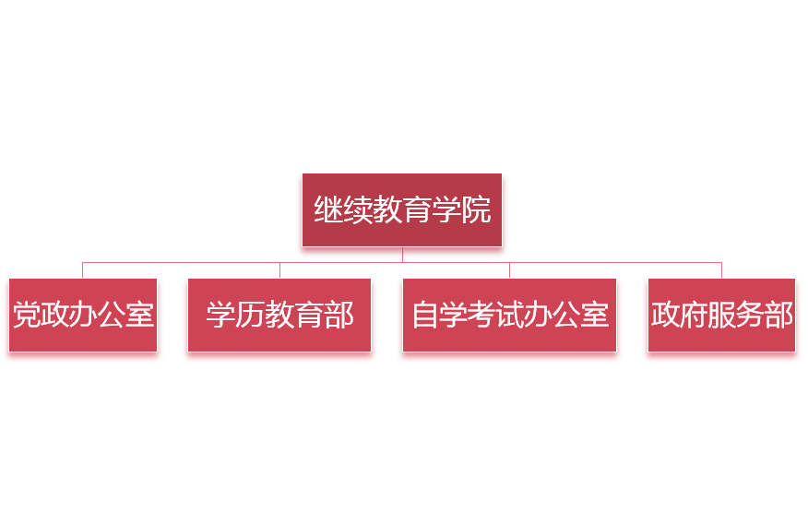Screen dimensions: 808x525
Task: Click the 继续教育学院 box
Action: (402, 209)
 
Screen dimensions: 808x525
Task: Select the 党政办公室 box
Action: (83, 316)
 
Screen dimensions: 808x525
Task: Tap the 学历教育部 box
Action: (279, 316)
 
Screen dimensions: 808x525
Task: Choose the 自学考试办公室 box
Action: (509, 316)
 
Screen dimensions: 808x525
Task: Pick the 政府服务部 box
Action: (721, 316)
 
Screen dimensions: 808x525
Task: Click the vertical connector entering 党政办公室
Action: (82, 270)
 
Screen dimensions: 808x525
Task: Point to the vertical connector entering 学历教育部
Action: (279, 270)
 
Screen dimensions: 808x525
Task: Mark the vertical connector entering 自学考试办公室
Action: (510, 270)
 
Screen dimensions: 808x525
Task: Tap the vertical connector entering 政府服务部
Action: (721, 270)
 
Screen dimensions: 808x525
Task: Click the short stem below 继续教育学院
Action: (402, 255)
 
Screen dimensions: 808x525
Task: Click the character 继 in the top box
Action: (328, 209)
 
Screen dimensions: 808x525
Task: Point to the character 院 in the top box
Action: (476, 209)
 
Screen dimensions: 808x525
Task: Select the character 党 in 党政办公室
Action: (27, 315)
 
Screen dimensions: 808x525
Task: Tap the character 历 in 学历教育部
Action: (250, 315)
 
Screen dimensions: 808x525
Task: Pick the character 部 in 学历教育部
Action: (339, 315)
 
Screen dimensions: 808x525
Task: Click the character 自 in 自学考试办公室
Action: (426, 315)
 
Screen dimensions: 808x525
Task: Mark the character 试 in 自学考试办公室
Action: (510, 315)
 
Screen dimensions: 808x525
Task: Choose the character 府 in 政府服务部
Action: (694, 315)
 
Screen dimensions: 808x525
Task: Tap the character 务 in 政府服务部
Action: (750, 315)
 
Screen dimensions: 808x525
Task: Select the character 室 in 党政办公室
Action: (139, 315)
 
